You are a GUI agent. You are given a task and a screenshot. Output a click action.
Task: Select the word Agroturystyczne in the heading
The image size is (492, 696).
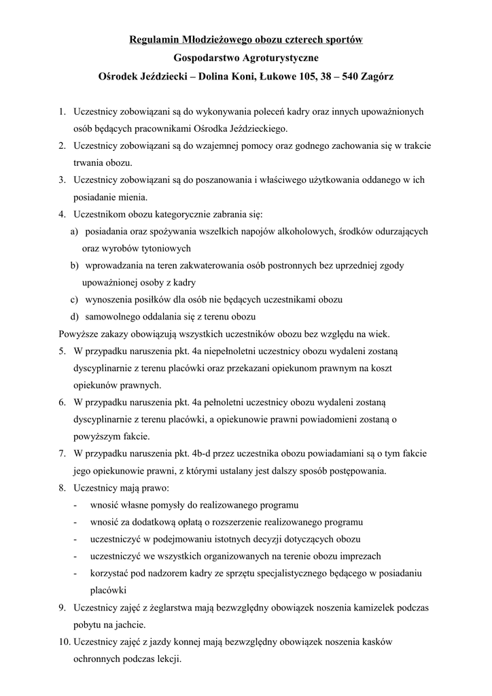point(280,59)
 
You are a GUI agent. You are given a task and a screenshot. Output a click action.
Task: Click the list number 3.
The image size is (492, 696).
point(61,179)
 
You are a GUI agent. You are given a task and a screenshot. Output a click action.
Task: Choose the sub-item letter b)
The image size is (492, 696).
point(74,265)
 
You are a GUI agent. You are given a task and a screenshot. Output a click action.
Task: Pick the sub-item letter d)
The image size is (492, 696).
point(74,316)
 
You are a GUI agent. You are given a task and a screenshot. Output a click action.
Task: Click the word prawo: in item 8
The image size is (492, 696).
point(152,487)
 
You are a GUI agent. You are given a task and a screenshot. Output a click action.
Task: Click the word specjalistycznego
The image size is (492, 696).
point(293,573)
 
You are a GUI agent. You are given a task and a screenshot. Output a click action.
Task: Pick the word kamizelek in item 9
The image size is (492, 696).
point(374,607)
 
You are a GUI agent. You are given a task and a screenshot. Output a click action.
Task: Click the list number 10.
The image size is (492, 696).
point(63,641)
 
